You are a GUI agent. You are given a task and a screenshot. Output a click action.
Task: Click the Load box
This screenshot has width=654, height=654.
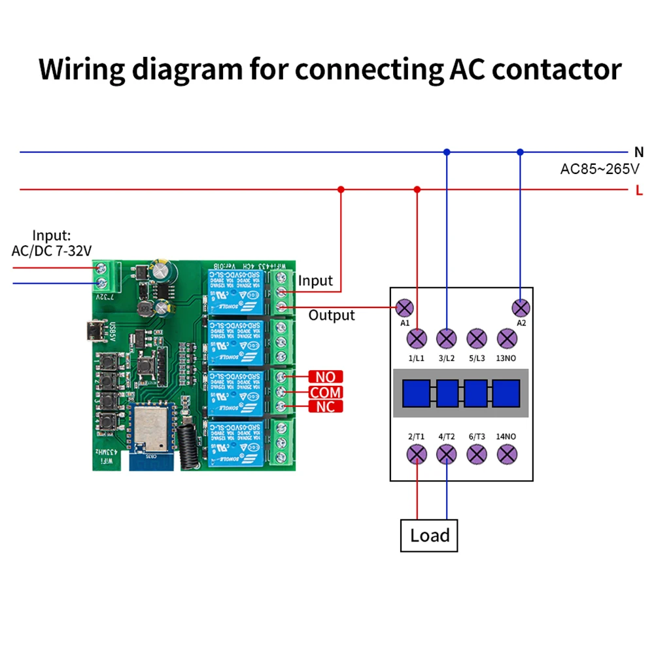(x=428, y=536)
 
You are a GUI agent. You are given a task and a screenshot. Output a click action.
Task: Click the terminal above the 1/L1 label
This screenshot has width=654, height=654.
(x=417, y=338)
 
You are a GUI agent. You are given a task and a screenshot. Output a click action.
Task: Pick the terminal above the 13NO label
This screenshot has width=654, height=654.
(x=508, y=338)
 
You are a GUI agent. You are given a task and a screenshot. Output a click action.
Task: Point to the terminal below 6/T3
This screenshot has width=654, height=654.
(x=477, y=455)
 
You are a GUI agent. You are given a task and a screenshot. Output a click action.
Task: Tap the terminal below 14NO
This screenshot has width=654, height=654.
(x=508, y=455)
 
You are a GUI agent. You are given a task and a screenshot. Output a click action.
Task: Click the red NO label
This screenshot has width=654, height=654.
(x=325, y=377)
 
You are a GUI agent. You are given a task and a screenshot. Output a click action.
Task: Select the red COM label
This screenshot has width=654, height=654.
(x=325, y=392)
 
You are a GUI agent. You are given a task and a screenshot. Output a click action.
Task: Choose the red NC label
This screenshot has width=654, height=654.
(x=325, y=407)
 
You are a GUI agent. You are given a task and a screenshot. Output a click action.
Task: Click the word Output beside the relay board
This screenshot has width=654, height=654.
(x=332, y=315)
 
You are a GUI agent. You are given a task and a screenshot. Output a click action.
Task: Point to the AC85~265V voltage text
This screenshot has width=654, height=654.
(x=600, y=169)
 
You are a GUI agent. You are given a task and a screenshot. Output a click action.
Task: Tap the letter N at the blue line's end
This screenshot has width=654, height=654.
(x=639, y=152)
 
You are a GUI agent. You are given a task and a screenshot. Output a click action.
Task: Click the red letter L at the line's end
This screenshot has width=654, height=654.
(x=639, y=191)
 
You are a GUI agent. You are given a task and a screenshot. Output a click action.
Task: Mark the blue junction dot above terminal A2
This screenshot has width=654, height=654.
(x=520, y=152)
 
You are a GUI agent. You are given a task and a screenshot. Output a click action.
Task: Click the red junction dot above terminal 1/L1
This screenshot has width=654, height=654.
(x=417, y=190)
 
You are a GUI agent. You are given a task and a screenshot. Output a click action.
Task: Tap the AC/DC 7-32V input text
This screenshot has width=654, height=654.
(x=52, y=250)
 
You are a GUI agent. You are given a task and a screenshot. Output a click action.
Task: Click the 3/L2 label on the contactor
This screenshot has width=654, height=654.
(x=446, y=358)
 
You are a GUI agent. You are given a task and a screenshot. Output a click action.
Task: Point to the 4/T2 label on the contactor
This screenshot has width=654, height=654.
(x=446, y=436)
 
